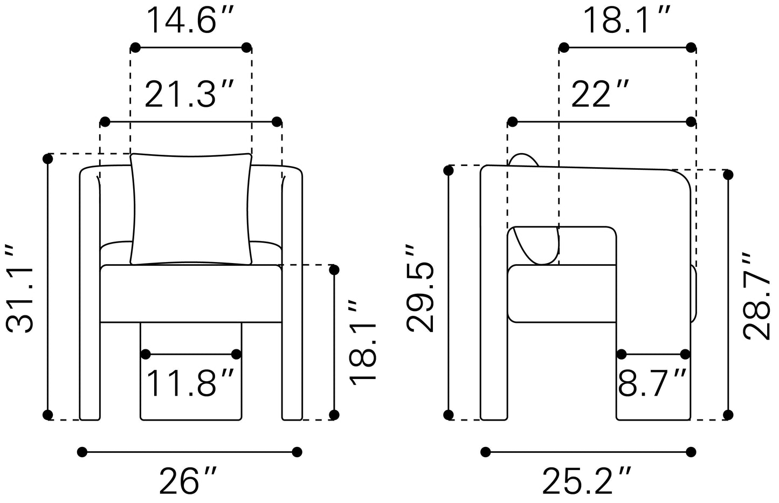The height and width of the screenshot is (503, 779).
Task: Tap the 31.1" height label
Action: click(19, 289)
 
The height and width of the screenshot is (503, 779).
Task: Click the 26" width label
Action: click(188, 480)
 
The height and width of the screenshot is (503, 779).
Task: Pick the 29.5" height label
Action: click(420, 288)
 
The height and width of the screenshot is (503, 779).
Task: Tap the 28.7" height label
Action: click(757, 295)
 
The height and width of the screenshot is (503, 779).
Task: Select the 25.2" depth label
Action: click(587, 480)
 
